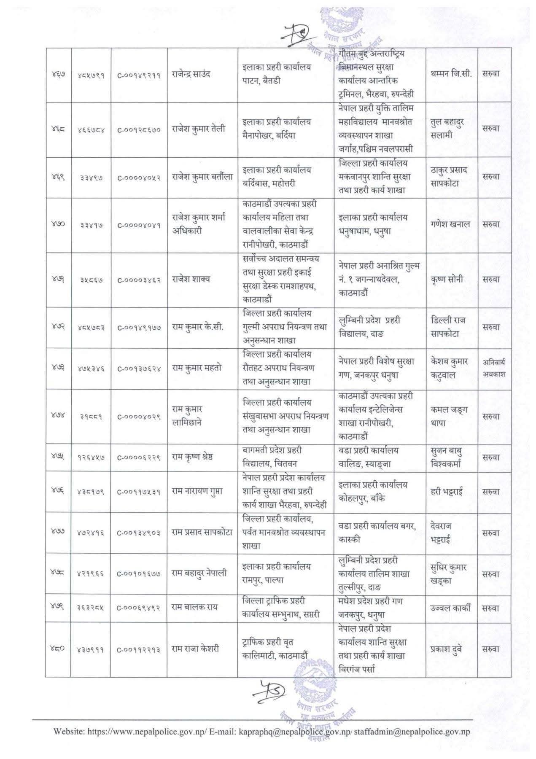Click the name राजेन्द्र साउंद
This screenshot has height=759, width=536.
coord(191,74)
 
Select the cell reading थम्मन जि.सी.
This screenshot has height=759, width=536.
coord(451,74)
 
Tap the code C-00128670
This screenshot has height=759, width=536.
coord(139,130)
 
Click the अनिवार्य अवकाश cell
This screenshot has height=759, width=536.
coord(494,368)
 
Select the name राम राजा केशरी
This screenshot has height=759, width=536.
coord(195,649)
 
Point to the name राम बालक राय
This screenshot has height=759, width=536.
coord(193,608)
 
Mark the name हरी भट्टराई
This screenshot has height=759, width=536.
coord(450,492)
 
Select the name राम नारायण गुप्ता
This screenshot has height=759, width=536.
coord(197,492)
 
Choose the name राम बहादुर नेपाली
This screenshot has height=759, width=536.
coord(199,573)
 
